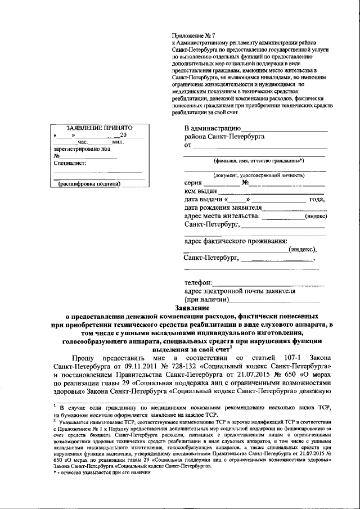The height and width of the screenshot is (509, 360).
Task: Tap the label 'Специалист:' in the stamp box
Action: tap(70, 163)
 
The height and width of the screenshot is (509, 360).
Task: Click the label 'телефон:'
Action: tap(199, 282)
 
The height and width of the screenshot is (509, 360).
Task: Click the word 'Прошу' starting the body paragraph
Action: tap(83, 358)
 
